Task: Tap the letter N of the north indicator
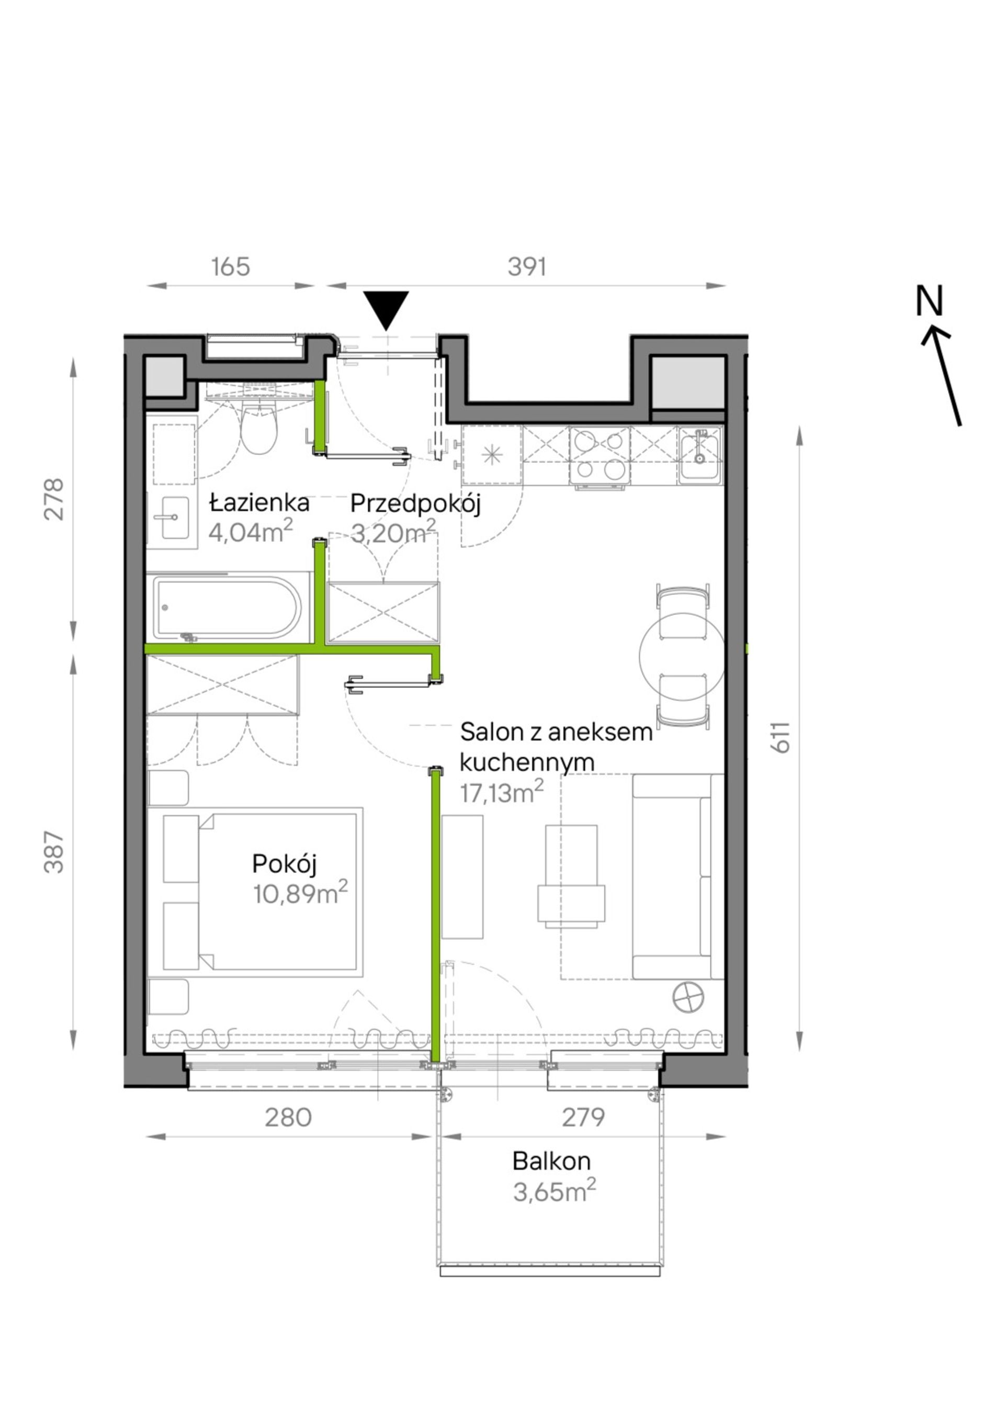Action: tap(929, 301)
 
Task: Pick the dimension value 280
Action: tap(288, 1118)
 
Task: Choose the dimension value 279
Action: tap(583, 1118)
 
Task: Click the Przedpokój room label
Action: tap(415, 504)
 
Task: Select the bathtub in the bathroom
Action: tap(228, 609)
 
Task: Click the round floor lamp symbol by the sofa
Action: tap(688, 998)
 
